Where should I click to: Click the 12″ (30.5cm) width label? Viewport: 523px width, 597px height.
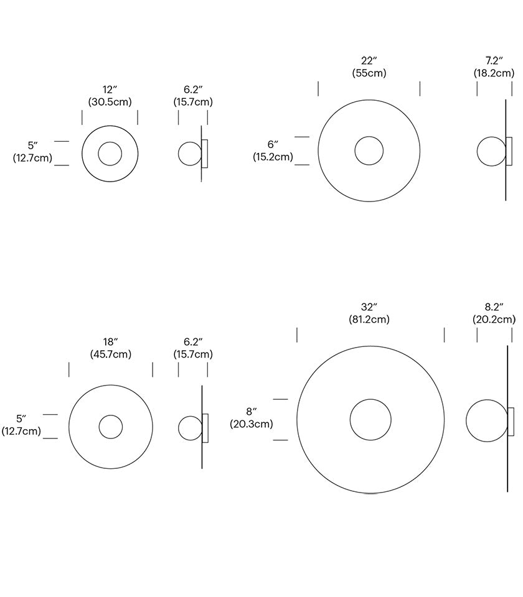pos(110,96)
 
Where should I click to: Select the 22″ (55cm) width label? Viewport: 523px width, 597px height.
pos(369,67)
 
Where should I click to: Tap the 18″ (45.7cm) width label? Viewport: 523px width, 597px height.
pos(110,348)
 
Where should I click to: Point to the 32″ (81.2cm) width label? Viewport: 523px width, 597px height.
pos(369,313)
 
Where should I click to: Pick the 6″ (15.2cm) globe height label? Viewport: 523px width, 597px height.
pos(273,150)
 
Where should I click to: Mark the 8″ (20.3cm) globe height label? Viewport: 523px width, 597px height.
pos(251,418)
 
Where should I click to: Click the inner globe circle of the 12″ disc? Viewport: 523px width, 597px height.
pos(110,154)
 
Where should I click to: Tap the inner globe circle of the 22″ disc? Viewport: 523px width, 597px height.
pos(369,150)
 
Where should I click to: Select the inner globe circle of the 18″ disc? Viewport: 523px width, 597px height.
pos(111,427)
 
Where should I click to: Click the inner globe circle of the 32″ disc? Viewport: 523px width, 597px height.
pos(370,420)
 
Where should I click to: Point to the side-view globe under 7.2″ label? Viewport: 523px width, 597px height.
pos(491,151)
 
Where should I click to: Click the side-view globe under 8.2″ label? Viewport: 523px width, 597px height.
pos(487,420)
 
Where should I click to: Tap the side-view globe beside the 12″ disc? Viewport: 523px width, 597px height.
pos(189,154)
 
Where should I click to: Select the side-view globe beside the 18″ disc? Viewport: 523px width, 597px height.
pos(189,427)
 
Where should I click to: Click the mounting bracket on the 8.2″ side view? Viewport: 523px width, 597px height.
pos(511,421)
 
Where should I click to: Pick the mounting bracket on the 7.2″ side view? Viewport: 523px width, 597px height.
pos(509,151)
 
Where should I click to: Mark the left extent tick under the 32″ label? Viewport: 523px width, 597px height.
pos(297,335)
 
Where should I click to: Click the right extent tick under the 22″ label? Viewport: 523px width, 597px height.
pos(420,88)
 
